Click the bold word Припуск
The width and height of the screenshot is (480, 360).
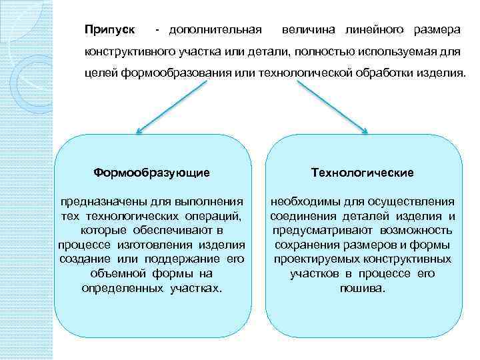[110, 31]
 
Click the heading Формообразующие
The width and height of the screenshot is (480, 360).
[152, 173]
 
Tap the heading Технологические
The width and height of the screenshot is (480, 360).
[362, 173]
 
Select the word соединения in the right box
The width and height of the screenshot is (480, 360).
[299, 215]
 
